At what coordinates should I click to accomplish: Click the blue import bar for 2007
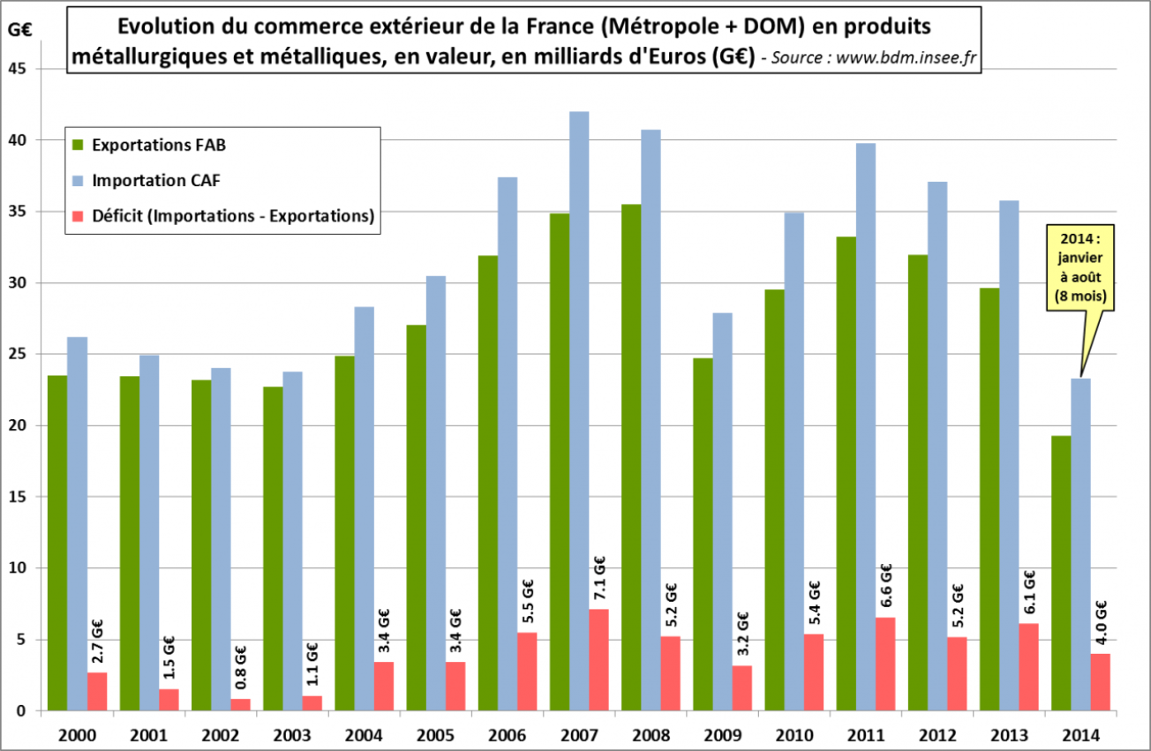(x=578, y=410)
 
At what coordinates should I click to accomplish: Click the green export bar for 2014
(x=1060, y=573)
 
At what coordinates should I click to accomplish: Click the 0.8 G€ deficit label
(x=241, y=671)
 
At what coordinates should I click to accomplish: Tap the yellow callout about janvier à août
(x=1080, y=268)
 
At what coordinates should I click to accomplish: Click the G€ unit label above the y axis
(x=19, y=28)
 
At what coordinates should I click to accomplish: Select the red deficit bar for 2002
(x=241, y=704)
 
